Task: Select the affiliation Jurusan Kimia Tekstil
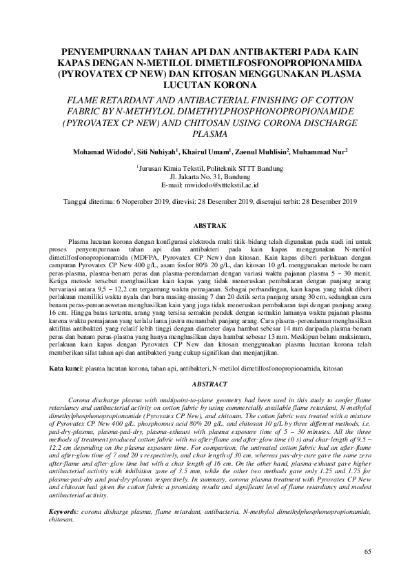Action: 171,168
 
